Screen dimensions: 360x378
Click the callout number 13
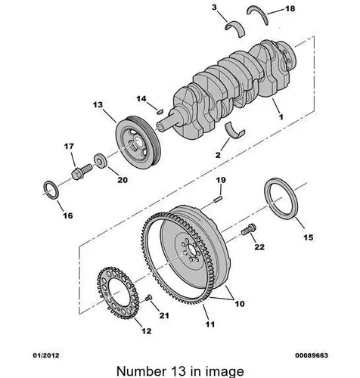(x=98, y=104)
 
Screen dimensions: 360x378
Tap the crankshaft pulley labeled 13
(x=138, y=143)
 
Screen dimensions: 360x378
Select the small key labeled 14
(x=160, y=111)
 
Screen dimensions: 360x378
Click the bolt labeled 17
(x=82, y=171)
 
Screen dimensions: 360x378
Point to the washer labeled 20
(x=101, y=160)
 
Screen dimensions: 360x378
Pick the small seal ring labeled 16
(x=51, y=190)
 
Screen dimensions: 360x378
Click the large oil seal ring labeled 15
(x=281, y=199)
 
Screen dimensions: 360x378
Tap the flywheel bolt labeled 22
(x=249, y=229)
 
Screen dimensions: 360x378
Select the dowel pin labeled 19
(x=218, y=198)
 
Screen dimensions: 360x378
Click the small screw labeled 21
(x=148, y=298)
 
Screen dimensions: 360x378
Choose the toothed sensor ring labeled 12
(x=118, y=293)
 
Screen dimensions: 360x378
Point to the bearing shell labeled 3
(x=235, y=28)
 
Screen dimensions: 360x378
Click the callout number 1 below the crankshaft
(x=281, y=116)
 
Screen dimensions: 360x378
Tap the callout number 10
(x=240, y=304)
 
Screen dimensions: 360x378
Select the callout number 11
(x=210, y=324)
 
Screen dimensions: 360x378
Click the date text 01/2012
(x=46, y=355)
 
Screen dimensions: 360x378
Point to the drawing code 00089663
(x=312, y=355)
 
